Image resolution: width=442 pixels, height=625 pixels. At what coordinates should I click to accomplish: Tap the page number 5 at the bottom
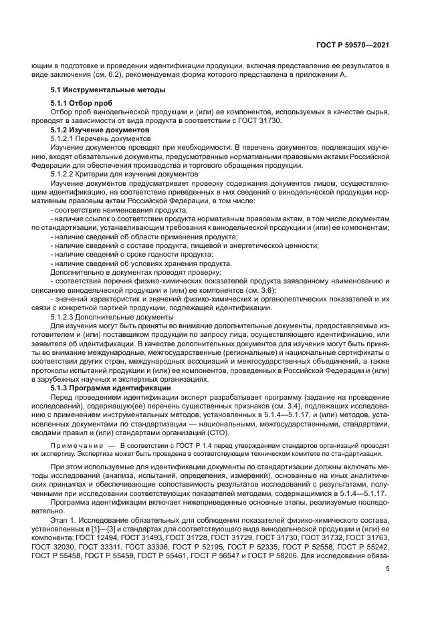coord(388,569)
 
